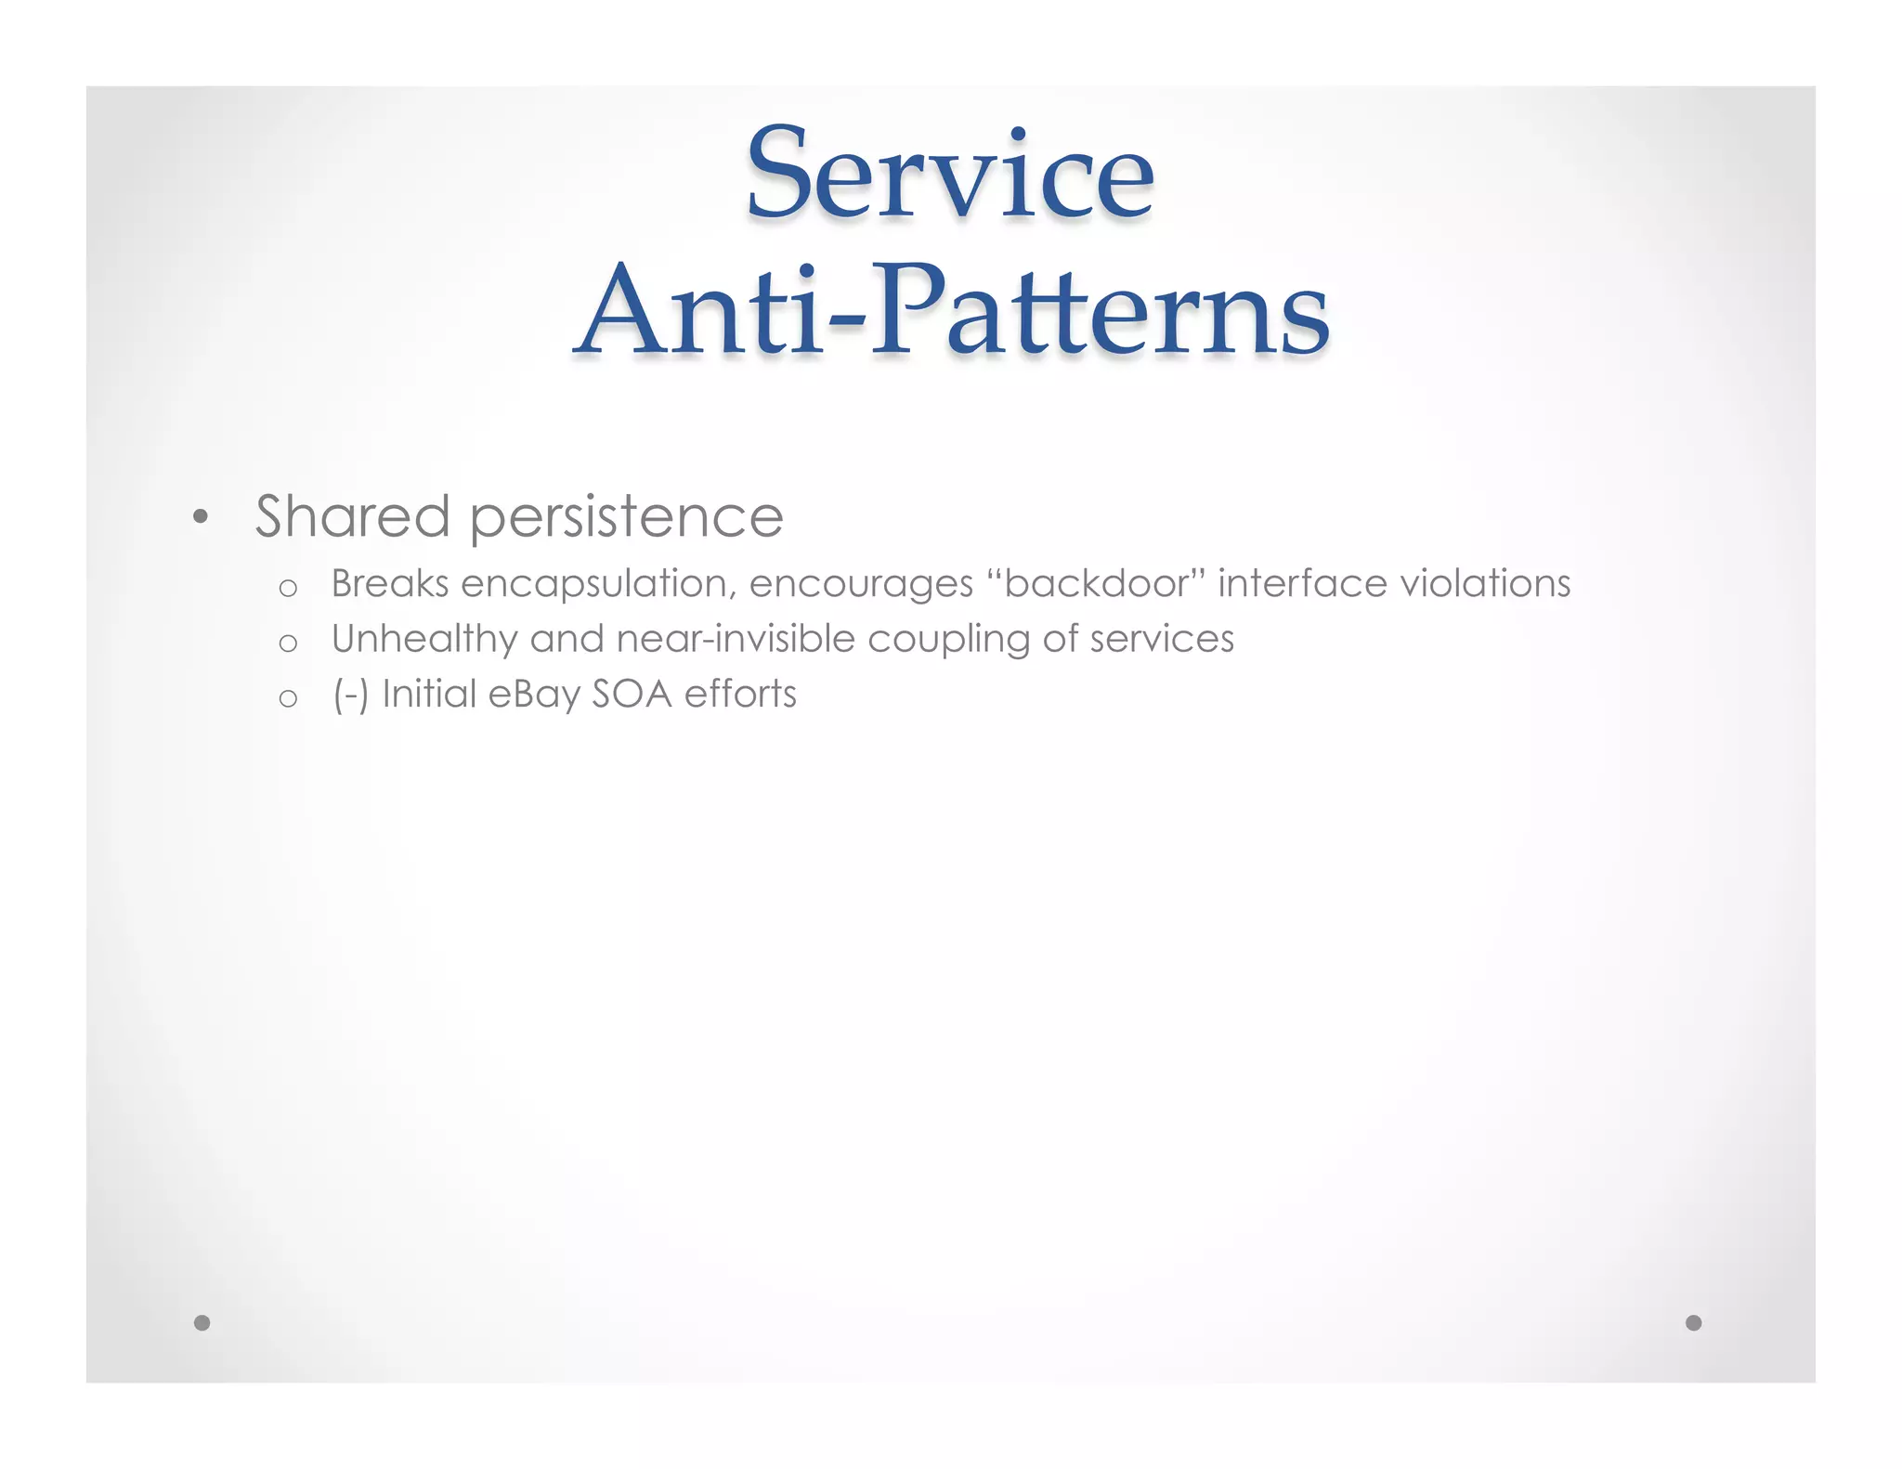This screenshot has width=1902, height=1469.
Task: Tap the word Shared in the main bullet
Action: point(352,516)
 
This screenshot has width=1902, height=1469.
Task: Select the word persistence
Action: point(626,518)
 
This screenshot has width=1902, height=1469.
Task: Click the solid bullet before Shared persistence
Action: point(200,518)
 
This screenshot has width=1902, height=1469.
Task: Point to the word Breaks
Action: point(390,584)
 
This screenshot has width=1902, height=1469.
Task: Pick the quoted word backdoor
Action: point(1096,584)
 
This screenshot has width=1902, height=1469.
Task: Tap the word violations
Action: point(1485,584)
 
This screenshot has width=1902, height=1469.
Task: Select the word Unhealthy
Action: point(423,640)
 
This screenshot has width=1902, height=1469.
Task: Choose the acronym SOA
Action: point(632,695)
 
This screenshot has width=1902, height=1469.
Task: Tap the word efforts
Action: point(740,695)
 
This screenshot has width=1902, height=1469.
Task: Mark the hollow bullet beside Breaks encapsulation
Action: point(288,588)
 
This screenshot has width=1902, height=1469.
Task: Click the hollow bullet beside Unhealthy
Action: point(288,643)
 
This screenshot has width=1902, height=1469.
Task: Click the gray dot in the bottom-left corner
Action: point(202,1322)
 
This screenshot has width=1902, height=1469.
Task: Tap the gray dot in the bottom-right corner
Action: point(1693,1322)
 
